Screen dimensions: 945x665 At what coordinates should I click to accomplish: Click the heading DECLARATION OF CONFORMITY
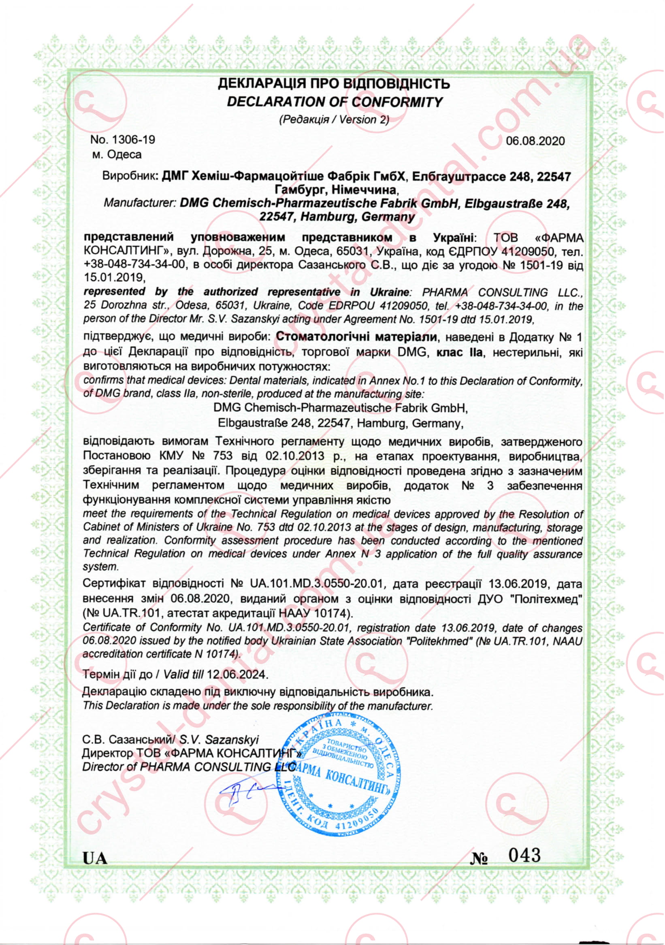pos(335,102)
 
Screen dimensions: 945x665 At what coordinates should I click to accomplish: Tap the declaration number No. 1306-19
pos(123,140)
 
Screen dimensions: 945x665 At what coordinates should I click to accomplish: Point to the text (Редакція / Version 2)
pos(334,120)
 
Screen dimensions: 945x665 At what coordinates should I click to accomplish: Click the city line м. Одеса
pos(117,155)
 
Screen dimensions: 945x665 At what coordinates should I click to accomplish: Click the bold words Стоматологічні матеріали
pos(356,338)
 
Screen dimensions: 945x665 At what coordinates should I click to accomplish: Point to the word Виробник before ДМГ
pos(128,177)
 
